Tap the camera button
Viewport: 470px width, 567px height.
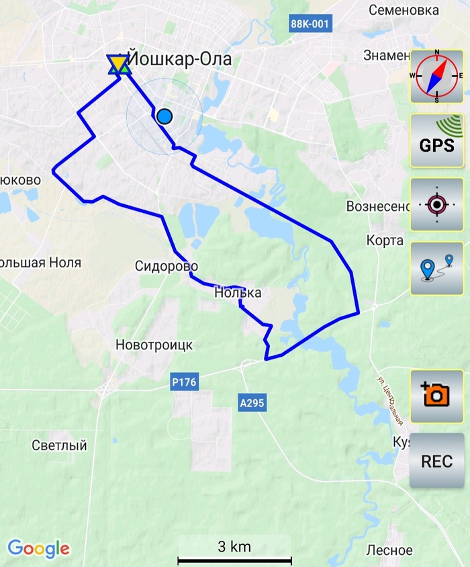(436, 396)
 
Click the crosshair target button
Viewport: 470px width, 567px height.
(436, 204)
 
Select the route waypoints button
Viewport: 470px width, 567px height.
(436, 268)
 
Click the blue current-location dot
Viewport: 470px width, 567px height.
(164, 117)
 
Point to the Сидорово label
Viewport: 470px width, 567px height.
(167, 265)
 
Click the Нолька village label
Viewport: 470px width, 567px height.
(238, 293)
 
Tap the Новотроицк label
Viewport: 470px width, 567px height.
(154, 345)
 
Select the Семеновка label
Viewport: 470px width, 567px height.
(404, 10)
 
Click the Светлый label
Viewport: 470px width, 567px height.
(60, 445)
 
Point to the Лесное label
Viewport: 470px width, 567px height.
(389, 550)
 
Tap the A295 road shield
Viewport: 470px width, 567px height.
(252, 403)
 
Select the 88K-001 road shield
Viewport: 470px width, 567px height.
(310, 24)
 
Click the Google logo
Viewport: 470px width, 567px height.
(38, 548)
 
